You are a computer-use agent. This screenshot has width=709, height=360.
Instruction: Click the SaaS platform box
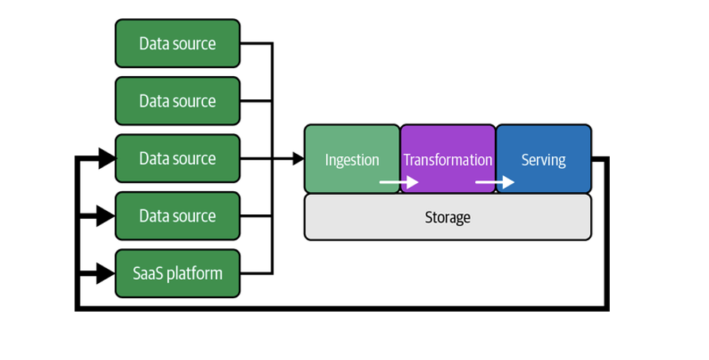(x=177, y=274)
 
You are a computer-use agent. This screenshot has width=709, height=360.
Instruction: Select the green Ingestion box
(x=352, y=159)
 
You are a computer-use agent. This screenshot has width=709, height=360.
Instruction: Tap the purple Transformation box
(x=447, y=159)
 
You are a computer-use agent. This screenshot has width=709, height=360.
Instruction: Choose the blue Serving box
(x=543, y=159)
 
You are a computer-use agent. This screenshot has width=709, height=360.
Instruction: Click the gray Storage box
(x=447, y=216)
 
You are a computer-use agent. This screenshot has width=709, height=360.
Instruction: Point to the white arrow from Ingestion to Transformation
(x=399, y=182)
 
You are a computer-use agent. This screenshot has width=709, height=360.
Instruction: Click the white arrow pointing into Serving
(x=495, y=182)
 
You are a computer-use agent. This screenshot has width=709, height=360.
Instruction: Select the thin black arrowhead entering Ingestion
(x=299, y=159)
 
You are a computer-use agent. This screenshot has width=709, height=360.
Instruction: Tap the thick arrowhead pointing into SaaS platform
(x=106, y=274)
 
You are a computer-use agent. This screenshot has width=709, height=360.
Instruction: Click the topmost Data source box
(x=177, y=44)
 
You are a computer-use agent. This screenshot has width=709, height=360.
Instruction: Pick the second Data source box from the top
(x=177, y=101)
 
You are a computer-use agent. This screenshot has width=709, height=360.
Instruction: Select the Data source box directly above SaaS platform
(x=177, y=216)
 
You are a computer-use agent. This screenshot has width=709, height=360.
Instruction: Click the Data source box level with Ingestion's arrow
(x=177, y=159)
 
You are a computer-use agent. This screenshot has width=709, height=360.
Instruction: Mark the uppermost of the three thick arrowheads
(x=106, y=159)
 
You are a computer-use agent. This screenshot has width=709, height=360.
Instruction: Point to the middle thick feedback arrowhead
(x=106, y=216)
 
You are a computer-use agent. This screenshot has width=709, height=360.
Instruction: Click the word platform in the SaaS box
(x=194, y=274)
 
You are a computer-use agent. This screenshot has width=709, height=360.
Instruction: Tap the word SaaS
(x=148, y=274)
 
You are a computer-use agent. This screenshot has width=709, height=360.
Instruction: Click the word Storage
(x=447, y=216)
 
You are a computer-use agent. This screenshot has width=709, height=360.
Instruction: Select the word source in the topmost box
(x=195, y=44)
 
